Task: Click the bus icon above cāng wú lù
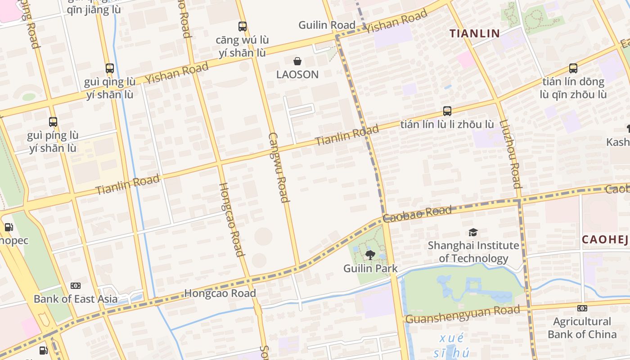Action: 243,27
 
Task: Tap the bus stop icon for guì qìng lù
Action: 110,68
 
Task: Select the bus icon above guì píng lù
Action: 53,121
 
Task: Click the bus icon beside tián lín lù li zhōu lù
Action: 447,111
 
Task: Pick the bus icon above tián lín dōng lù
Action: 573,68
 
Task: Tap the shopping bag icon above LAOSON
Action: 297,61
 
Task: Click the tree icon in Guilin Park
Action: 370,256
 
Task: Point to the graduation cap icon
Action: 473,232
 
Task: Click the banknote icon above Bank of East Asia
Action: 76,286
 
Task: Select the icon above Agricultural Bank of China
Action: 582,308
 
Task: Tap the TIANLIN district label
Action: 475,33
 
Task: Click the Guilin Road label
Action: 327,25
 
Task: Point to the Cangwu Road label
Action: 279,167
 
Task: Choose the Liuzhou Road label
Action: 510,153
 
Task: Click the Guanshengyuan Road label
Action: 463,314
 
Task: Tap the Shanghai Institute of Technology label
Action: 473,252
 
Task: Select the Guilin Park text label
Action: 370,269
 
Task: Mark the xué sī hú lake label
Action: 451,346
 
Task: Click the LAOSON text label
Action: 297,74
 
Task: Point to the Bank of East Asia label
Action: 76,299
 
